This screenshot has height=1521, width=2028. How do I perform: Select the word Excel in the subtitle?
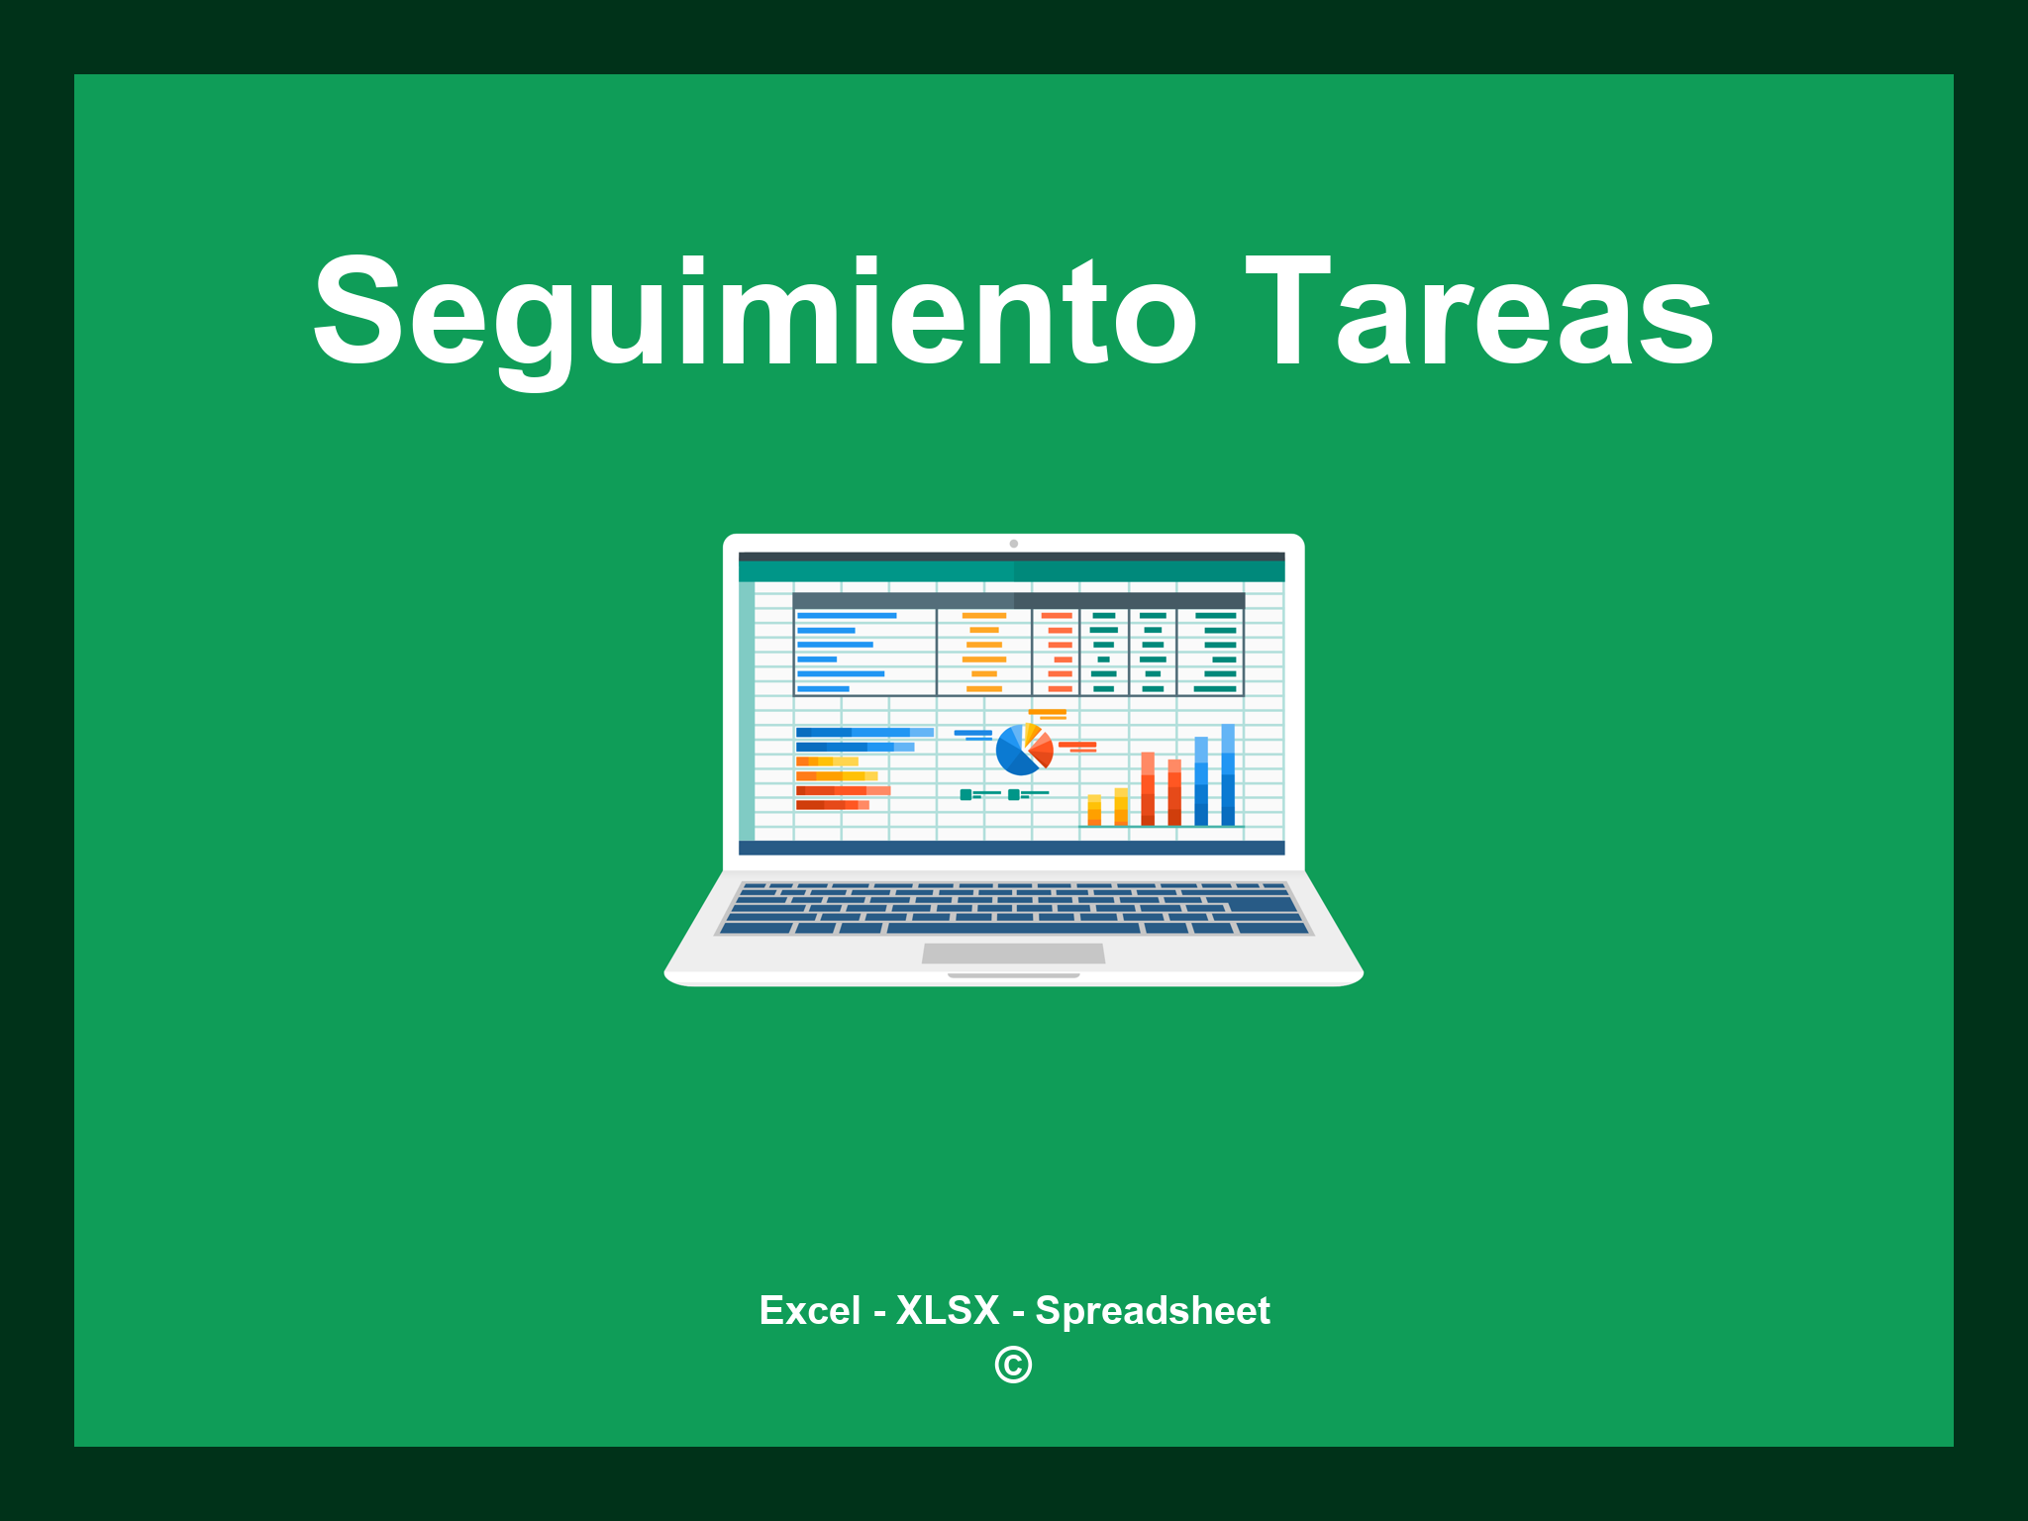click(809, 1310)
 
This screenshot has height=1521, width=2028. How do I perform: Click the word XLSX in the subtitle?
click(948, 1310)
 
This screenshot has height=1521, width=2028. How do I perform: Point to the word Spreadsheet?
click(1152, 1310)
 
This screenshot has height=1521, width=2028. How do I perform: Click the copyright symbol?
click(1013, 1365)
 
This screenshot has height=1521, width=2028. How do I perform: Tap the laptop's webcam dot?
click(1013, 544)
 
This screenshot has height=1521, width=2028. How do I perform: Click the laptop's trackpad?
click(1013, 953)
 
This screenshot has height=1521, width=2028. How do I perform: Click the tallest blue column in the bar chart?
click(1228, 774)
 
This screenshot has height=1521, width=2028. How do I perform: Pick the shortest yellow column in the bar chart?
click(1094, 809)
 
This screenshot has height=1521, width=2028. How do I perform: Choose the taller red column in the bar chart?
click(1148, 788)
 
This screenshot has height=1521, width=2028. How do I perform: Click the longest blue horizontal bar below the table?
click(864, 733)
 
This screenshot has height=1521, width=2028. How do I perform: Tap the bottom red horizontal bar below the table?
click(832, 805)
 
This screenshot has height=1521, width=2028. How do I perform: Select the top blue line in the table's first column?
click(847, 616)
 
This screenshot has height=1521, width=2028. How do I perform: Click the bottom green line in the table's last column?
click(1215, 688)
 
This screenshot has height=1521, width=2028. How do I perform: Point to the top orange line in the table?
click(984, 616)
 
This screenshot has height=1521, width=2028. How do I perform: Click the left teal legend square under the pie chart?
click(965, 794)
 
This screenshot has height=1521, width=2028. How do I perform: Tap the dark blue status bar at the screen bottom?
click(1011, 848)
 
